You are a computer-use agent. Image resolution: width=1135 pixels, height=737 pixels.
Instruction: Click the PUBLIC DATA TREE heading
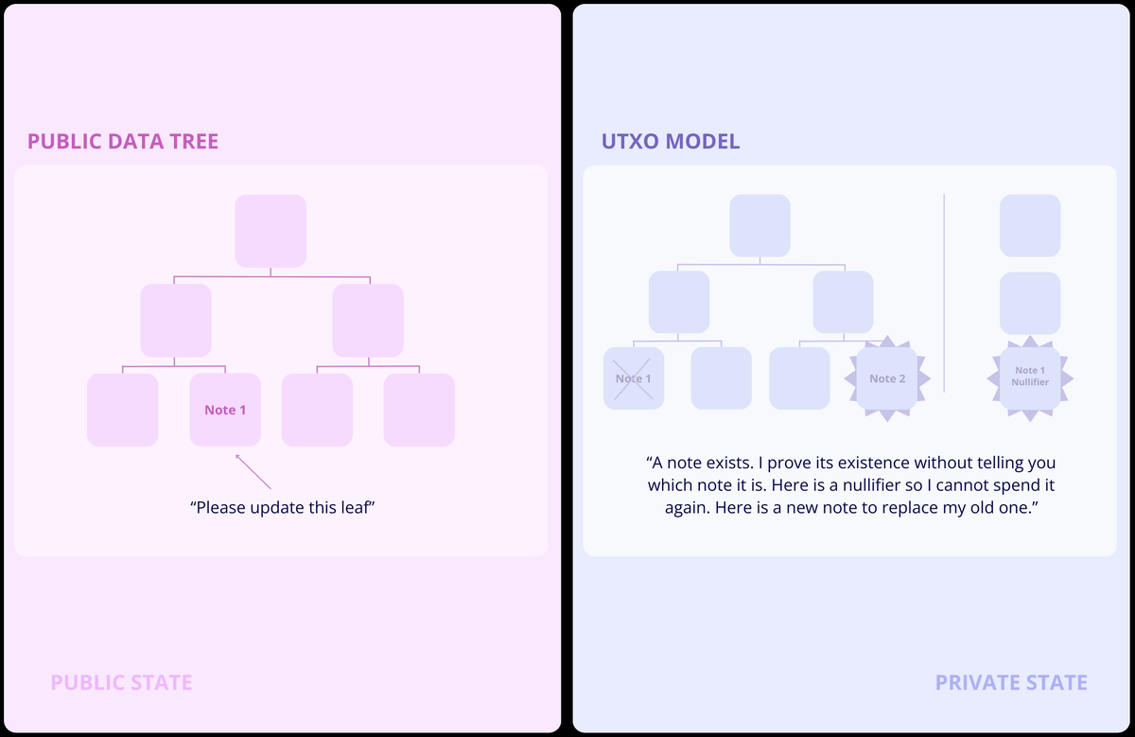(123, 141)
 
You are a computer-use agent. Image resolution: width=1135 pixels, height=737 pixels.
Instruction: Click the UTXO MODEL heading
(671, 141)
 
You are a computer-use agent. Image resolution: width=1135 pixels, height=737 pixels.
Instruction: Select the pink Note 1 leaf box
(225, 410)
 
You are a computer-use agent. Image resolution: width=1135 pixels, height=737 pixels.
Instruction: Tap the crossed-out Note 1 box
(634, 378)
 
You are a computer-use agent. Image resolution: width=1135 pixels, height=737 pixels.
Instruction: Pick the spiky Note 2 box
(887, 378)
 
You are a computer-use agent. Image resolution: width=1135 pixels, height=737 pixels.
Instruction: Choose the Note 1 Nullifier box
(1030, 378)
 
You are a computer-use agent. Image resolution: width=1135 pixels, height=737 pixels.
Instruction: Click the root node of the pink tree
(271, 231)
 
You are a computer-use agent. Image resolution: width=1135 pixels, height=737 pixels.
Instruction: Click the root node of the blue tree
(760, 225)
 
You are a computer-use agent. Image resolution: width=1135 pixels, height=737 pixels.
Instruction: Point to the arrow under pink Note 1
(253, 472)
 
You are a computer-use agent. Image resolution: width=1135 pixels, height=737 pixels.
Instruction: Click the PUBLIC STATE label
(122, 682)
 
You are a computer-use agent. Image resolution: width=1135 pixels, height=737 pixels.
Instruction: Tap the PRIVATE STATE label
(1011, 682)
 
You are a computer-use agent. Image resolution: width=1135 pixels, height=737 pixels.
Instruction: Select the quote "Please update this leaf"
(282, 507)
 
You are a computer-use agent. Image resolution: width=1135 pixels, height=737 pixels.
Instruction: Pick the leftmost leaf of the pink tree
(123, 410)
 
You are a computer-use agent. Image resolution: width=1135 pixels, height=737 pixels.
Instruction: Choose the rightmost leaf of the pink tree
(419, 410)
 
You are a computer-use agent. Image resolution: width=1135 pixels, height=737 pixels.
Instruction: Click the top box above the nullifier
(1030, 225)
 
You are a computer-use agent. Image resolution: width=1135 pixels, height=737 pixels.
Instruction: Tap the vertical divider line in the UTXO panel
(944, 293)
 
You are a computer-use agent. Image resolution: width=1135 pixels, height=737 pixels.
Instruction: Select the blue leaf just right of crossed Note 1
(721, 378)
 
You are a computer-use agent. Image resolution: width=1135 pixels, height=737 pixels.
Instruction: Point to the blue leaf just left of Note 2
(799, 378)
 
